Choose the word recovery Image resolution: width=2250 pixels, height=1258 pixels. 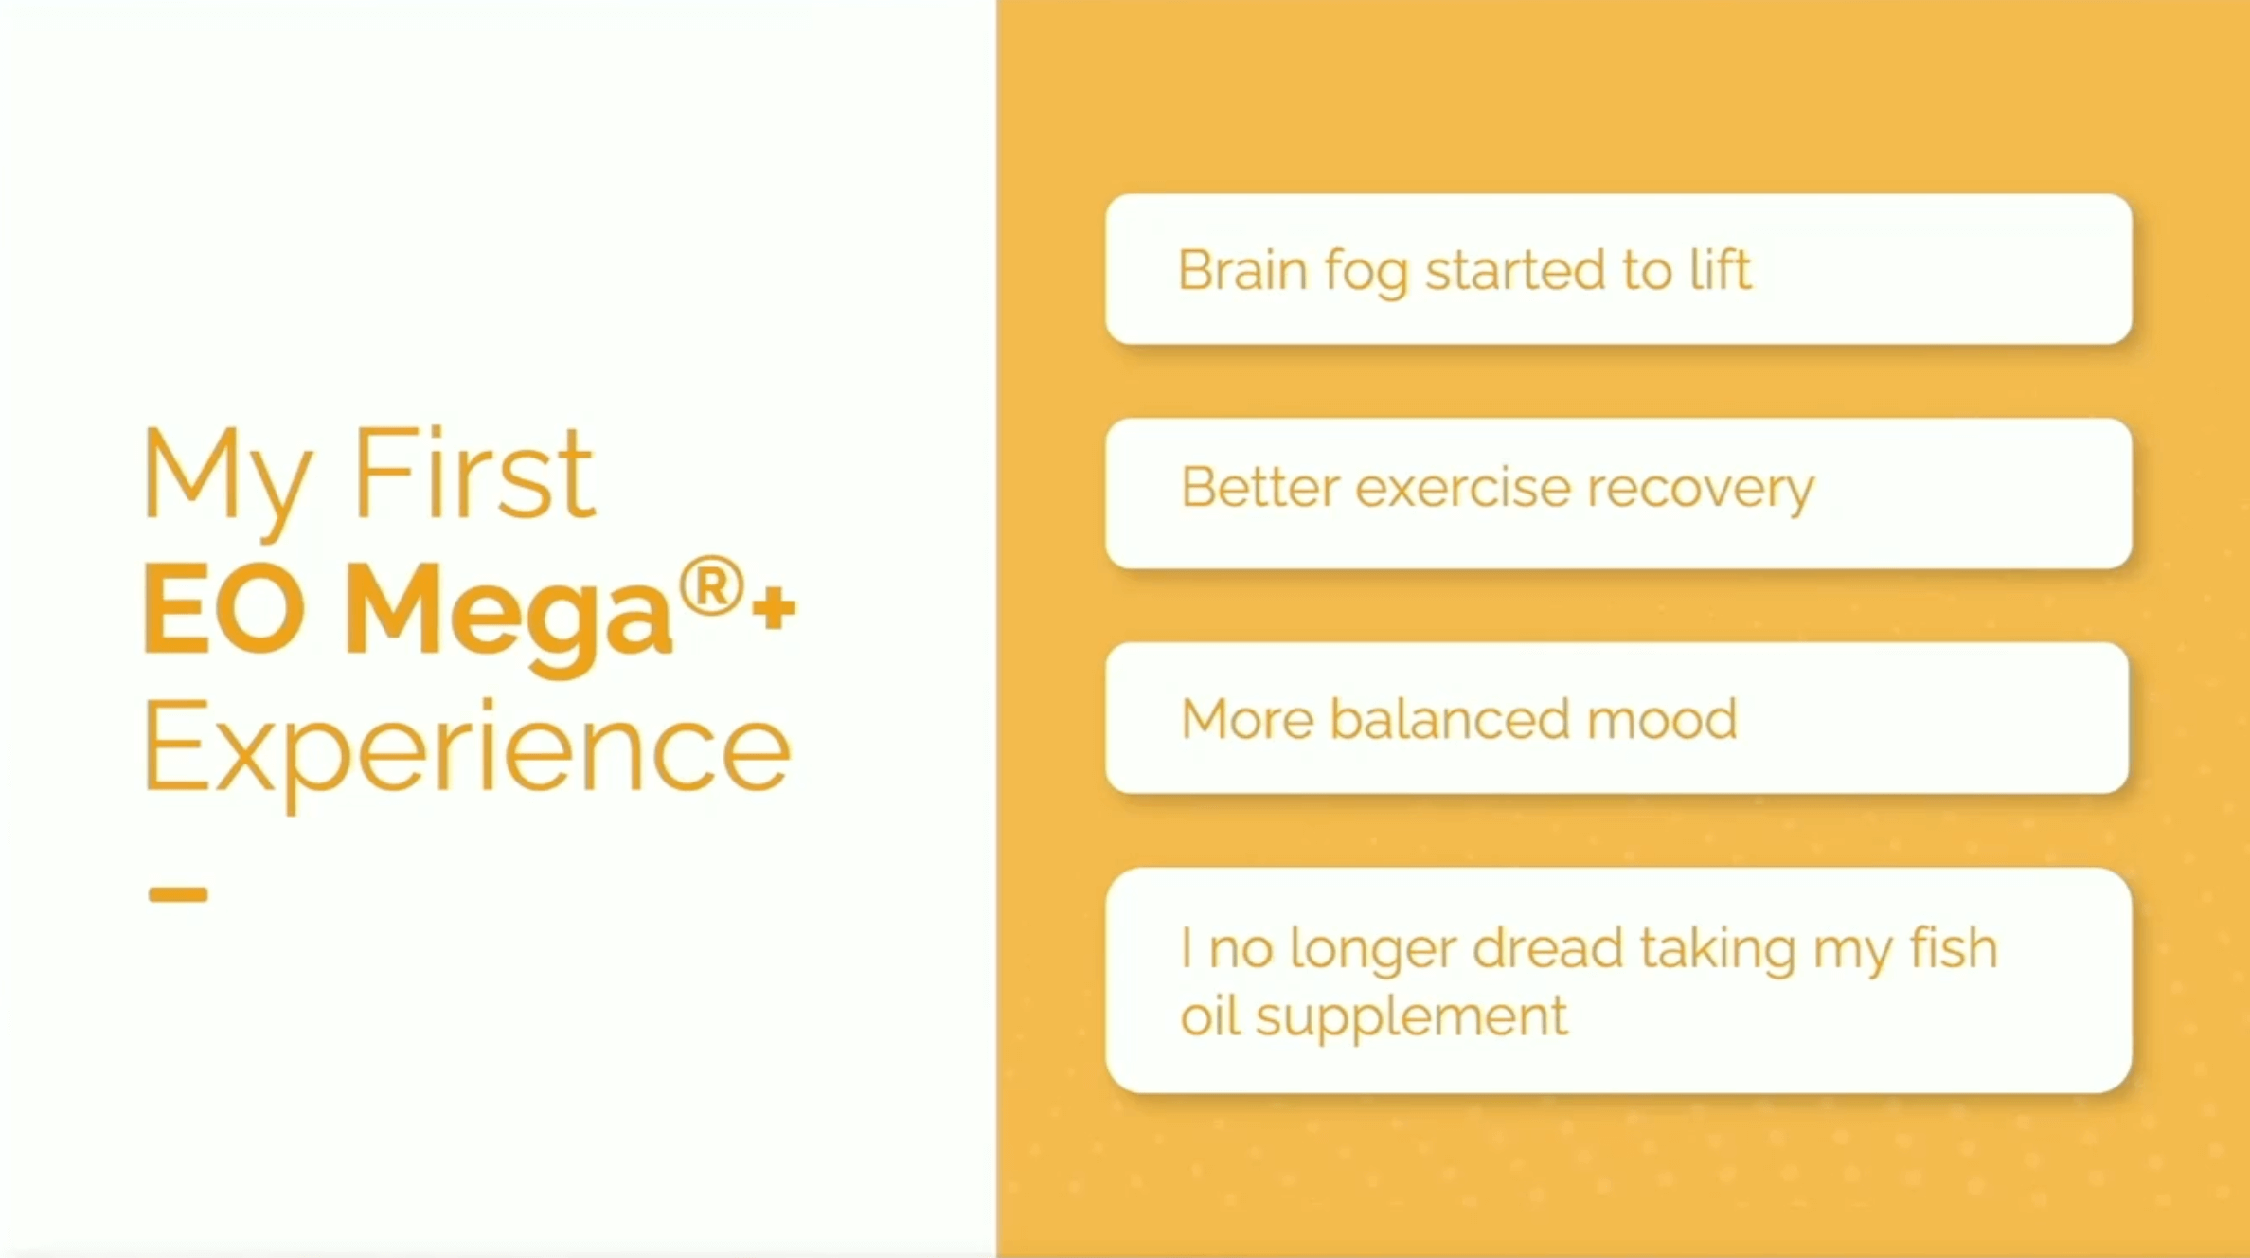coord(1701,492)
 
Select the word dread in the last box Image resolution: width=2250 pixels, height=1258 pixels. coord(1549,948)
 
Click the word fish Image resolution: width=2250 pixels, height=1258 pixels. coord(1954,948)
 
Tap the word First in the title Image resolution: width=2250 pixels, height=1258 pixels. coord(474,474)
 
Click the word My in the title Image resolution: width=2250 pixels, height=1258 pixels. coord(228,481)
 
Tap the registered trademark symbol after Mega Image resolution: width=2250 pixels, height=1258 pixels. coord(710,587)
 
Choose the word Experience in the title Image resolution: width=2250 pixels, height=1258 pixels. coord(467,753)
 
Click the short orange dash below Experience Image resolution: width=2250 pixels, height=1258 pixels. coord(178,894)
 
